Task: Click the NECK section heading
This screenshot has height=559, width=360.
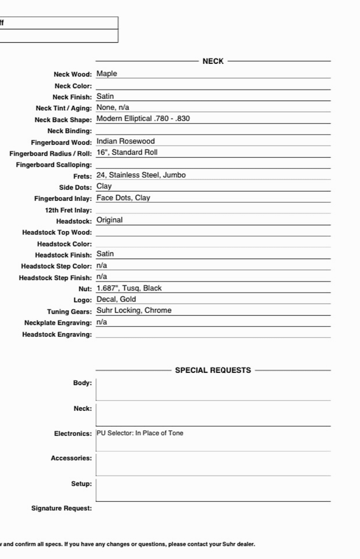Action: [x=213, y=61]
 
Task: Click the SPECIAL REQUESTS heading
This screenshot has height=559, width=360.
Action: [x=213, y=370]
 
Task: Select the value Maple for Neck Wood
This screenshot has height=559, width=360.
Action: [x=107, y=74]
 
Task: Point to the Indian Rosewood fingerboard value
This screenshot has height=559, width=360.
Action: [x=126, y=141]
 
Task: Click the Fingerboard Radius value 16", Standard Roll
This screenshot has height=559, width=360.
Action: [x=127, y=152]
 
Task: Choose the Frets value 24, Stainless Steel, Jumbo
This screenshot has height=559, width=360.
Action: [x=141, y=175]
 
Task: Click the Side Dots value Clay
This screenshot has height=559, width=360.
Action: [x=104, y=186]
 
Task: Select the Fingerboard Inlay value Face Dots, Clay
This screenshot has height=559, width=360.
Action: [x=123, y=198]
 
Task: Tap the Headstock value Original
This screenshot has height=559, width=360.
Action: [x=110, y=220]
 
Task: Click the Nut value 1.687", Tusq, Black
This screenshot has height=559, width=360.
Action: [x=129, y=288]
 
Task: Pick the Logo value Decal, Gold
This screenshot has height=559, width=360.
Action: [x=116, y=299]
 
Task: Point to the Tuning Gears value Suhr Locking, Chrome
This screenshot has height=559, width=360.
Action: [x=134, y=310]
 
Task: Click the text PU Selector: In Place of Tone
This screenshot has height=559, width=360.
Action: [x=140, y=433]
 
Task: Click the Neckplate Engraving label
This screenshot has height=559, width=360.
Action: [x=58, y=323]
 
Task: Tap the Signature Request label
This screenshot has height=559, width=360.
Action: [x=61, y=508]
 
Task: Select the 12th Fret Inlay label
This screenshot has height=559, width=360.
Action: [x=68, y=210]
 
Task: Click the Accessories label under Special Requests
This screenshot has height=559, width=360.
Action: [x=71, y=458]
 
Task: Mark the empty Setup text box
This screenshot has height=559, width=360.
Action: [x=213, y=490]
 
